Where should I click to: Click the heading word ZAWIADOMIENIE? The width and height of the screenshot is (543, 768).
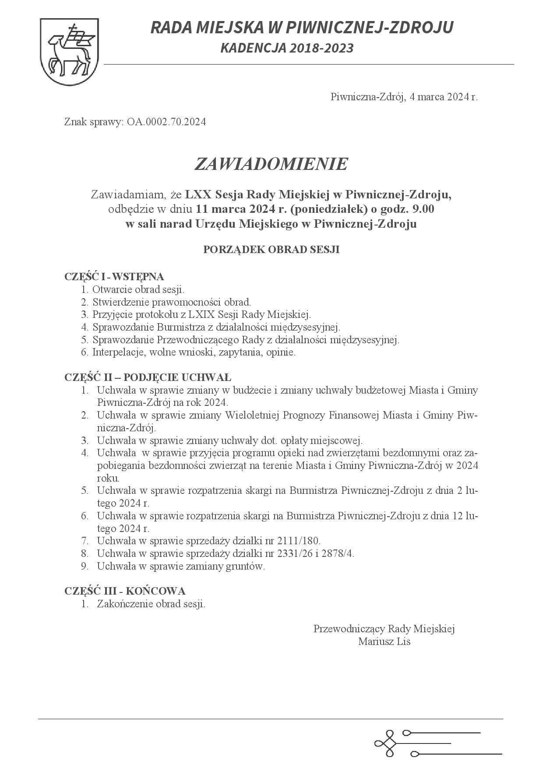tap(271, 164)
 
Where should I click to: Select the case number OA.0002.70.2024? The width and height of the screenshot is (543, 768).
tap(166, 122)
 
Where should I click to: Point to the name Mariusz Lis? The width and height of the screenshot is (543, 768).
tap(384, 642)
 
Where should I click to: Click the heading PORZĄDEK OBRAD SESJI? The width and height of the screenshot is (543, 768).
tap(271, 250)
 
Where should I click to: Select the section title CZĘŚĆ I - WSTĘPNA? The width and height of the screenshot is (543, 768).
tap(114, 277)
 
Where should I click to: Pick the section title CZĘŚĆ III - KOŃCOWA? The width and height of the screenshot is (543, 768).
tap(125, 591)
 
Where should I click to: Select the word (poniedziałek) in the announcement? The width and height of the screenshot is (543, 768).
tap(328, 209)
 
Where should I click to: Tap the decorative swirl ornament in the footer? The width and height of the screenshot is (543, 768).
tap(385, 743)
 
